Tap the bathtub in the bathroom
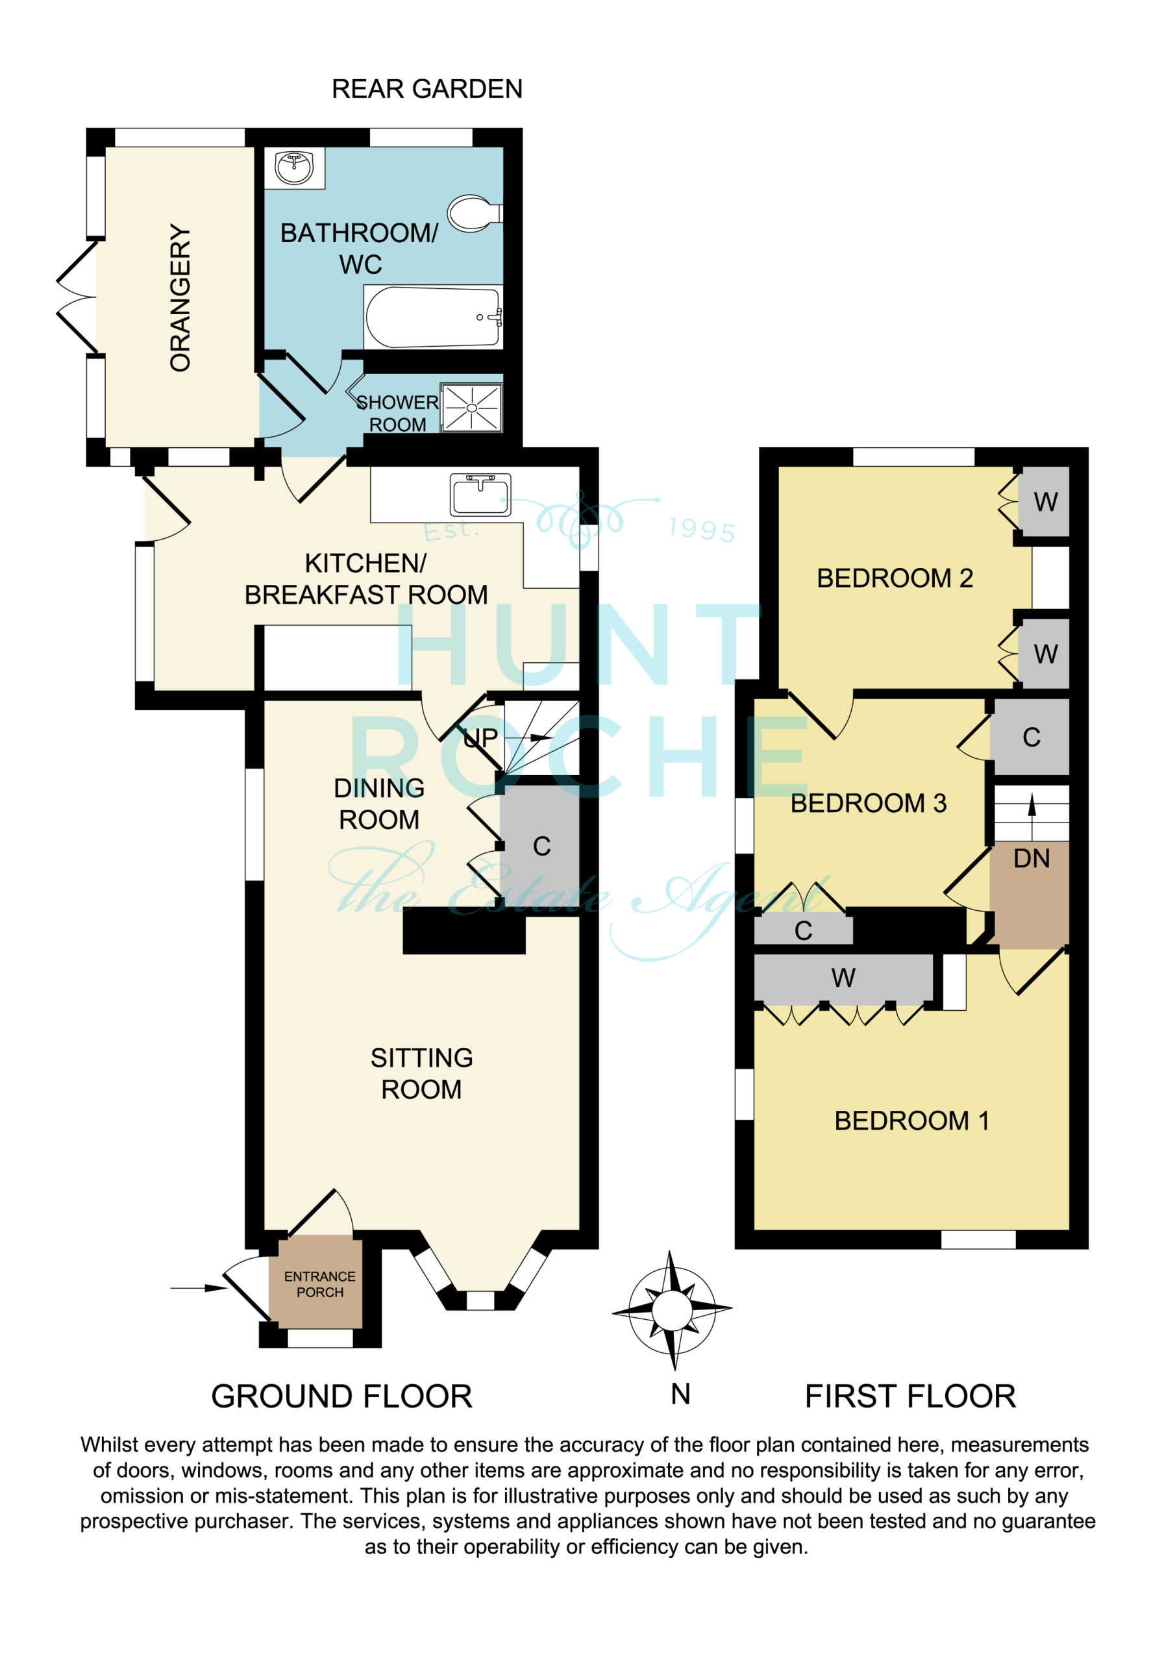click(433, 317)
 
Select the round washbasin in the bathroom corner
click(295, 168)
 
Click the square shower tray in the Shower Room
click(471, 408)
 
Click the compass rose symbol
click(672, 1309)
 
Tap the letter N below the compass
click(680, 1394)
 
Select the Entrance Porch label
click(319, 1284)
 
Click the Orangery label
click(180, 297)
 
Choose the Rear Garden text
click(427, 89)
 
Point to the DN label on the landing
click(1031, 858)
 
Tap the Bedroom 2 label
click(895, 578)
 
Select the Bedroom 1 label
click(911, 1121)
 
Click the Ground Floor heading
click(341, 1396)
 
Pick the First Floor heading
click(910, 1396)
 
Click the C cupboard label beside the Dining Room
click(541, 846)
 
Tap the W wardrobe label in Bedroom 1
click(843, 978)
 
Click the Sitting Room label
click(421, 1074)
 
